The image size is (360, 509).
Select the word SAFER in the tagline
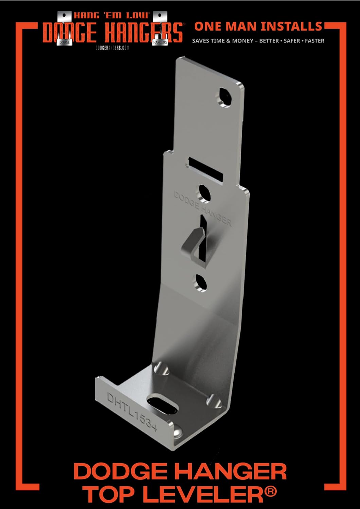[x=292, y=41]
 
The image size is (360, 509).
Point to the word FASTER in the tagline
[x=314, y=41]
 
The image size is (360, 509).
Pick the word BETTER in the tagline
[x=269, y=41]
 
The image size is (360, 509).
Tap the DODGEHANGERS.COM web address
[x=112, y=48]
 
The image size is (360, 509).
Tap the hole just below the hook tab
[x=200, y=283]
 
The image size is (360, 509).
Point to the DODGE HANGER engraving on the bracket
[x=203, y=208]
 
